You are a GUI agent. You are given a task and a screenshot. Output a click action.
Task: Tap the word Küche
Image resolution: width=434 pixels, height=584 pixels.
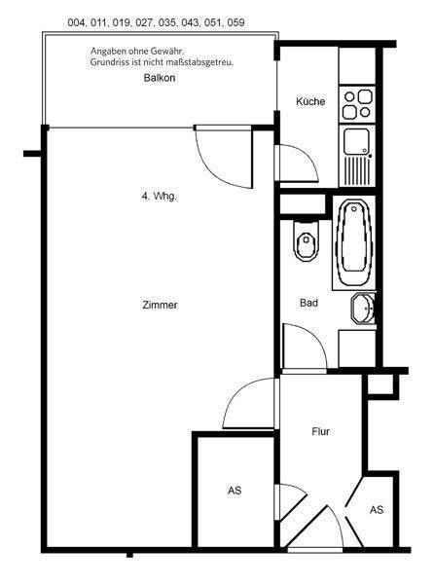[x=310, y=102]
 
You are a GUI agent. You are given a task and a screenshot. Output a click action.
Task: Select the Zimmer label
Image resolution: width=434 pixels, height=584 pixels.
[x=159, y=305]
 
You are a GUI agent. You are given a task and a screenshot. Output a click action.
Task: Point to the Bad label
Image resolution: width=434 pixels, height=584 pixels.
[x=308, y=303]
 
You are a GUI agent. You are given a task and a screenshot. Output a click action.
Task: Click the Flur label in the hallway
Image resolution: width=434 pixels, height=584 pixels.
[x=322, y=430]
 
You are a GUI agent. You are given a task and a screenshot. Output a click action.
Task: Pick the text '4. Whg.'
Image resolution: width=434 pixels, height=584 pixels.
[x=159, y=198]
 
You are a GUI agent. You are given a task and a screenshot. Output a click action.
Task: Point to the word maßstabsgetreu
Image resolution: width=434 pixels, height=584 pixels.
[x=207, y=61]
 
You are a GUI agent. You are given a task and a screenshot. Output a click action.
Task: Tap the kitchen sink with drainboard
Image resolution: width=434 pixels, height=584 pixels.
[x=357, y=155]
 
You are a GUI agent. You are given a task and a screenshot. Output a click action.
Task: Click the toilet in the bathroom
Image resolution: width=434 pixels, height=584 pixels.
[x=305, y=242]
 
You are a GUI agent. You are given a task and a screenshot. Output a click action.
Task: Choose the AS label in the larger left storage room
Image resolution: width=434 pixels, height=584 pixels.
[x=235, y=492]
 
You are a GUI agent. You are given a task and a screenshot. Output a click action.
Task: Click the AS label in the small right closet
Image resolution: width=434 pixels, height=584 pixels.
[x=377, y=509]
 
